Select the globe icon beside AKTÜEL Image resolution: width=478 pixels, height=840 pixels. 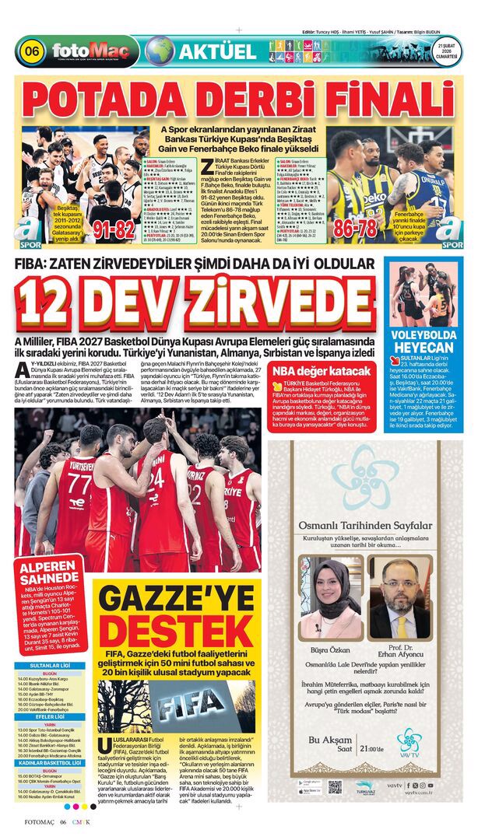coord(160,51)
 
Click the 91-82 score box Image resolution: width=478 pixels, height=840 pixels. coord(115,230)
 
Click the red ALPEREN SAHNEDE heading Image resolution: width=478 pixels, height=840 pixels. coord(48,575)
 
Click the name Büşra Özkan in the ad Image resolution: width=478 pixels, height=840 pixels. coord(328,646)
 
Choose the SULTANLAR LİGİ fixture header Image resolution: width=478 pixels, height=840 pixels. coord(50,667)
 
